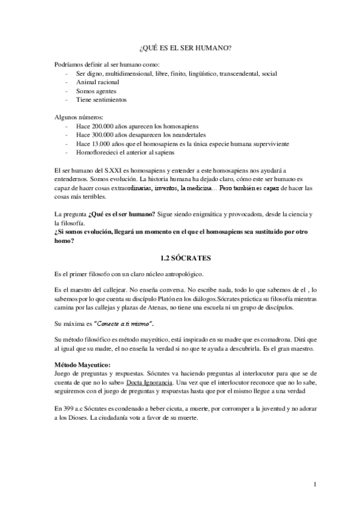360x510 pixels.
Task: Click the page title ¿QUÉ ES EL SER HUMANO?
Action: coord(180,48)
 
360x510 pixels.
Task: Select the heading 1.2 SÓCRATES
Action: coord(180,257)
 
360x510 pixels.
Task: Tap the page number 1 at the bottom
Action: coord(316,484)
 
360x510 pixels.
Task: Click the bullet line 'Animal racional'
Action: coord(97,82)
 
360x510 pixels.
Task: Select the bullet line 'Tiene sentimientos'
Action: coord(101,99)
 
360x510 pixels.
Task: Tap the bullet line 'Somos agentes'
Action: coord(96,91)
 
